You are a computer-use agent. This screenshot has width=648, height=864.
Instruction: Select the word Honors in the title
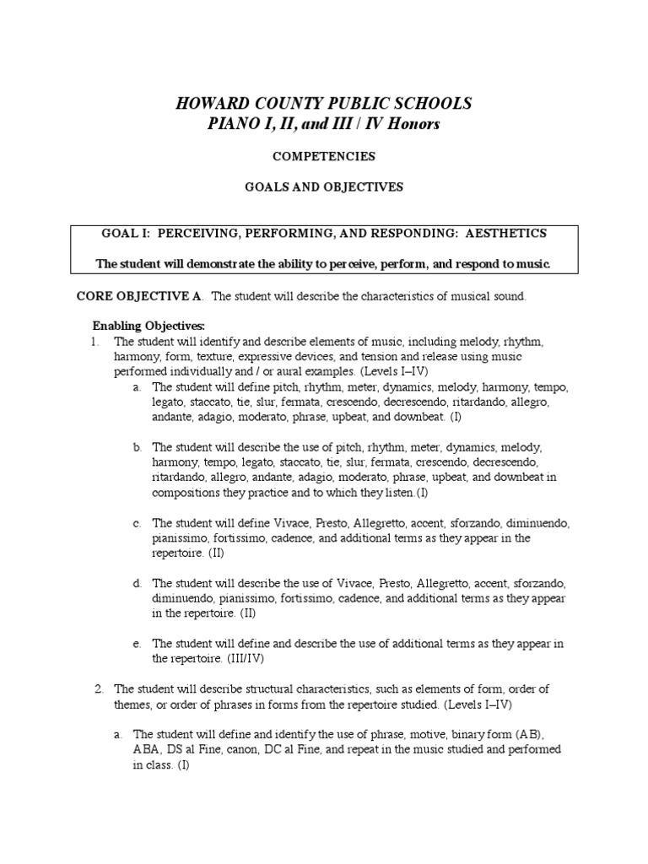(x=411, y=124)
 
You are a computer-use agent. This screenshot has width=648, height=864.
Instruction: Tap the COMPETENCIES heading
(x=324, y=156)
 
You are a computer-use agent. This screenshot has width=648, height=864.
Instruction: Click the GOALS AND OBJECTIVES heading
(x=324, y=186)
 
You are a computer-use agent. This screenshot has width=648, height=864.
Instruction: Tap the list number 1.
(x=95, y=342)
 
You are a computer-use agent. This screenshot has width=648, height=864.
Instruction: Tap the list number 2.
(x=98, y=689)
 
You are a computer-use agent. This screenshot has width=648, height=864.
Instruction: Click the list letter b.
(x=137, y=447)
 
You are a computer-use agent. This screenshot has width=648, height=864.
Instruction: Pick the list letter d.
(x=137, y=584)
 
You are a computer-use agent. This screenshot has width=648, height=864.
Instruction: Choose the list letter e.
(x=137, y=644)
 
